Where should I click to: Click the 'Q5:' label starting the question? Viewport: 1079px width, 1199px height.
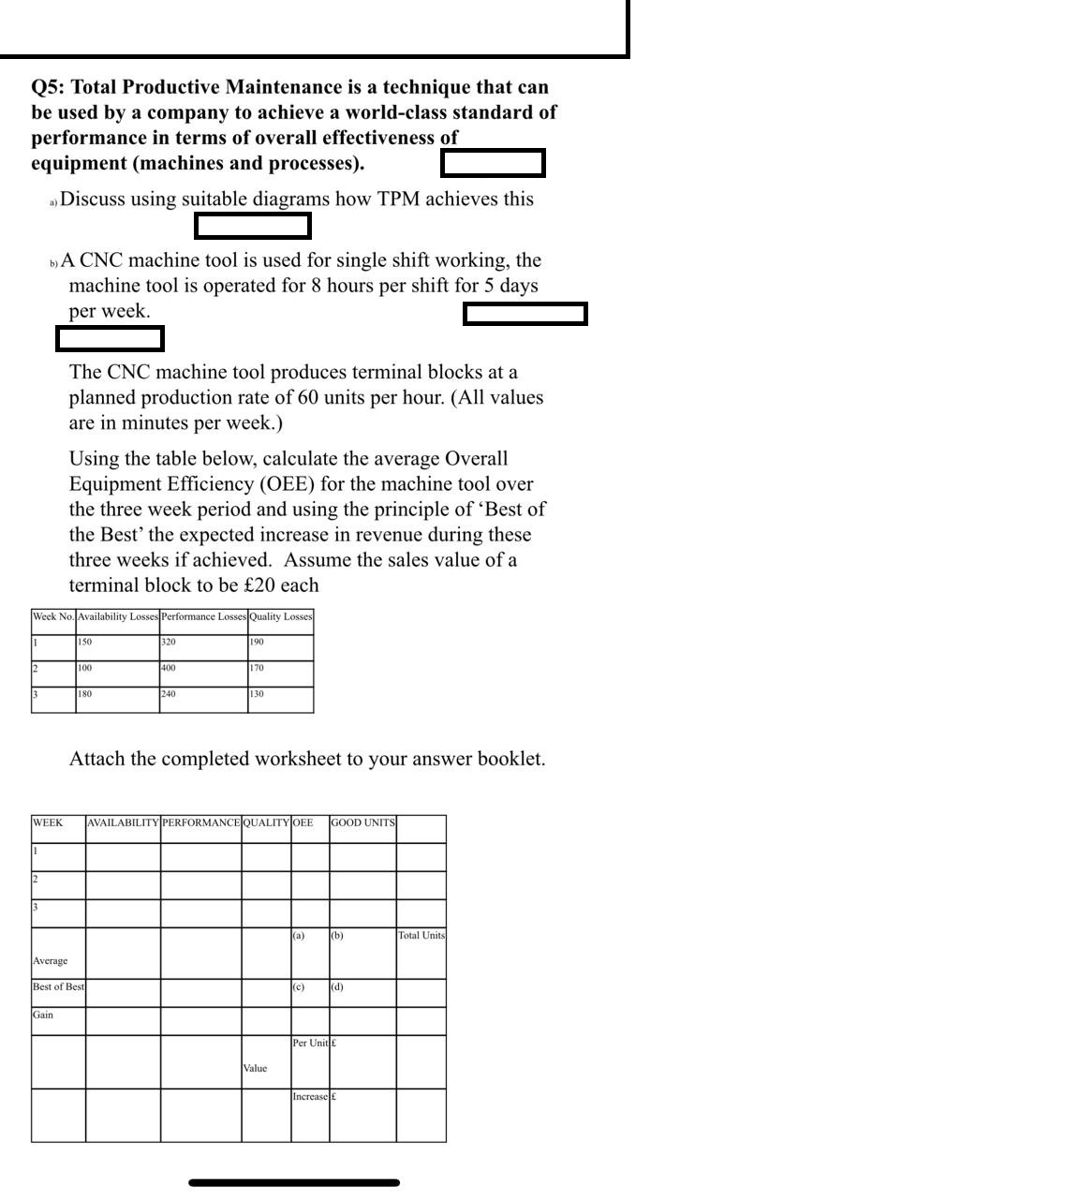tap(48, 87)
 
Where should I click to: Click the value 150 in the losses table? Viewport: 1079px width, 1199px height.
tap(84, 643)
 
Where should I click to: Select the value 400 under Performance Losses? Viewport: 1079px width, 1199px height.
tap(168, 669)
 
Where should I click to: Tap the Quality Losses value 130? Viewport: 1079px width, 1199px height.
tap(257, 695)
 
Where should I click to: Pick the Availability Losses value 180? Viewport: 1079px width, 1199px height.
tap(84, 695)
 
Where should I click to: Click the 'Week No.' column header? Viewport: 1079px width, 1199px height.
tap(52, 617)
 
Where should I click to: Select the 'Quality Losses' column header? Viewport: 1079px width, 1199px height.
tap(280, 617)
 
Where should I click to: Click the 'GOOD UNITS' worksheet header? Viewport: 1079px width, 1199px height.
tap(362, 823)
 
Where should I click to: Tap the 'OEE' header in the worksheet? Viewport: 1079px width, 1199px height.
tap(303, 823)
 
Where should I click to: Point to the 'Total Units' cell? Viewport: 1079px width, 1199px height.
tap(421, 936)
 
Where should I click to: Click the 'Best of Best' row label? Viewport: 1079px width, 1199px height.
tap(58, 987)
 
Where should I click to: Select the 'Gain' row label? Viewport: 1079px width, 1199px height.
tap(43, 1015)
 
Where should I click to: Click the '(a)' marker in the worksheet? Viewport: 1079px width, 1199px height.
tap(299, 936)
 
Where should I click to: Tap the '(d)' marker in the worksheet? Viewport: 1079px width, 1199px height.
tap(337, 987)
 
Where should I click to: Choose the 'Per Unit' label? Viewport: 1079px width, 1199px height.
tap(310, 1044)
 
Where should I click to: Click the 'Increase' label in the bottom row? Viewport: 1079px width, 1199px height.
tap(310, 1097)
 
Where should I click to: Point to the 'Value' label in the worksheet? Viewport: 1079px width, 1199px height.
tap(255, 1069)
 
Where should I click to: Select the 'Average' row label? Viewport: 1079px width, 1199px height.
tap(50, 961)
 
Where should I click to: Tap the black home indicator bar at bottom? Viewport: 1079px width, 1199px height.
tap(294, 1183)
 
